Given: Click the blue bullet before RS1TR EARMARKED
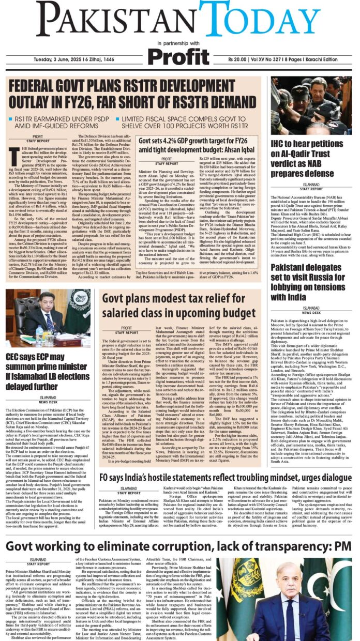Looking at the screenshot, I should coord(10,119).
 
